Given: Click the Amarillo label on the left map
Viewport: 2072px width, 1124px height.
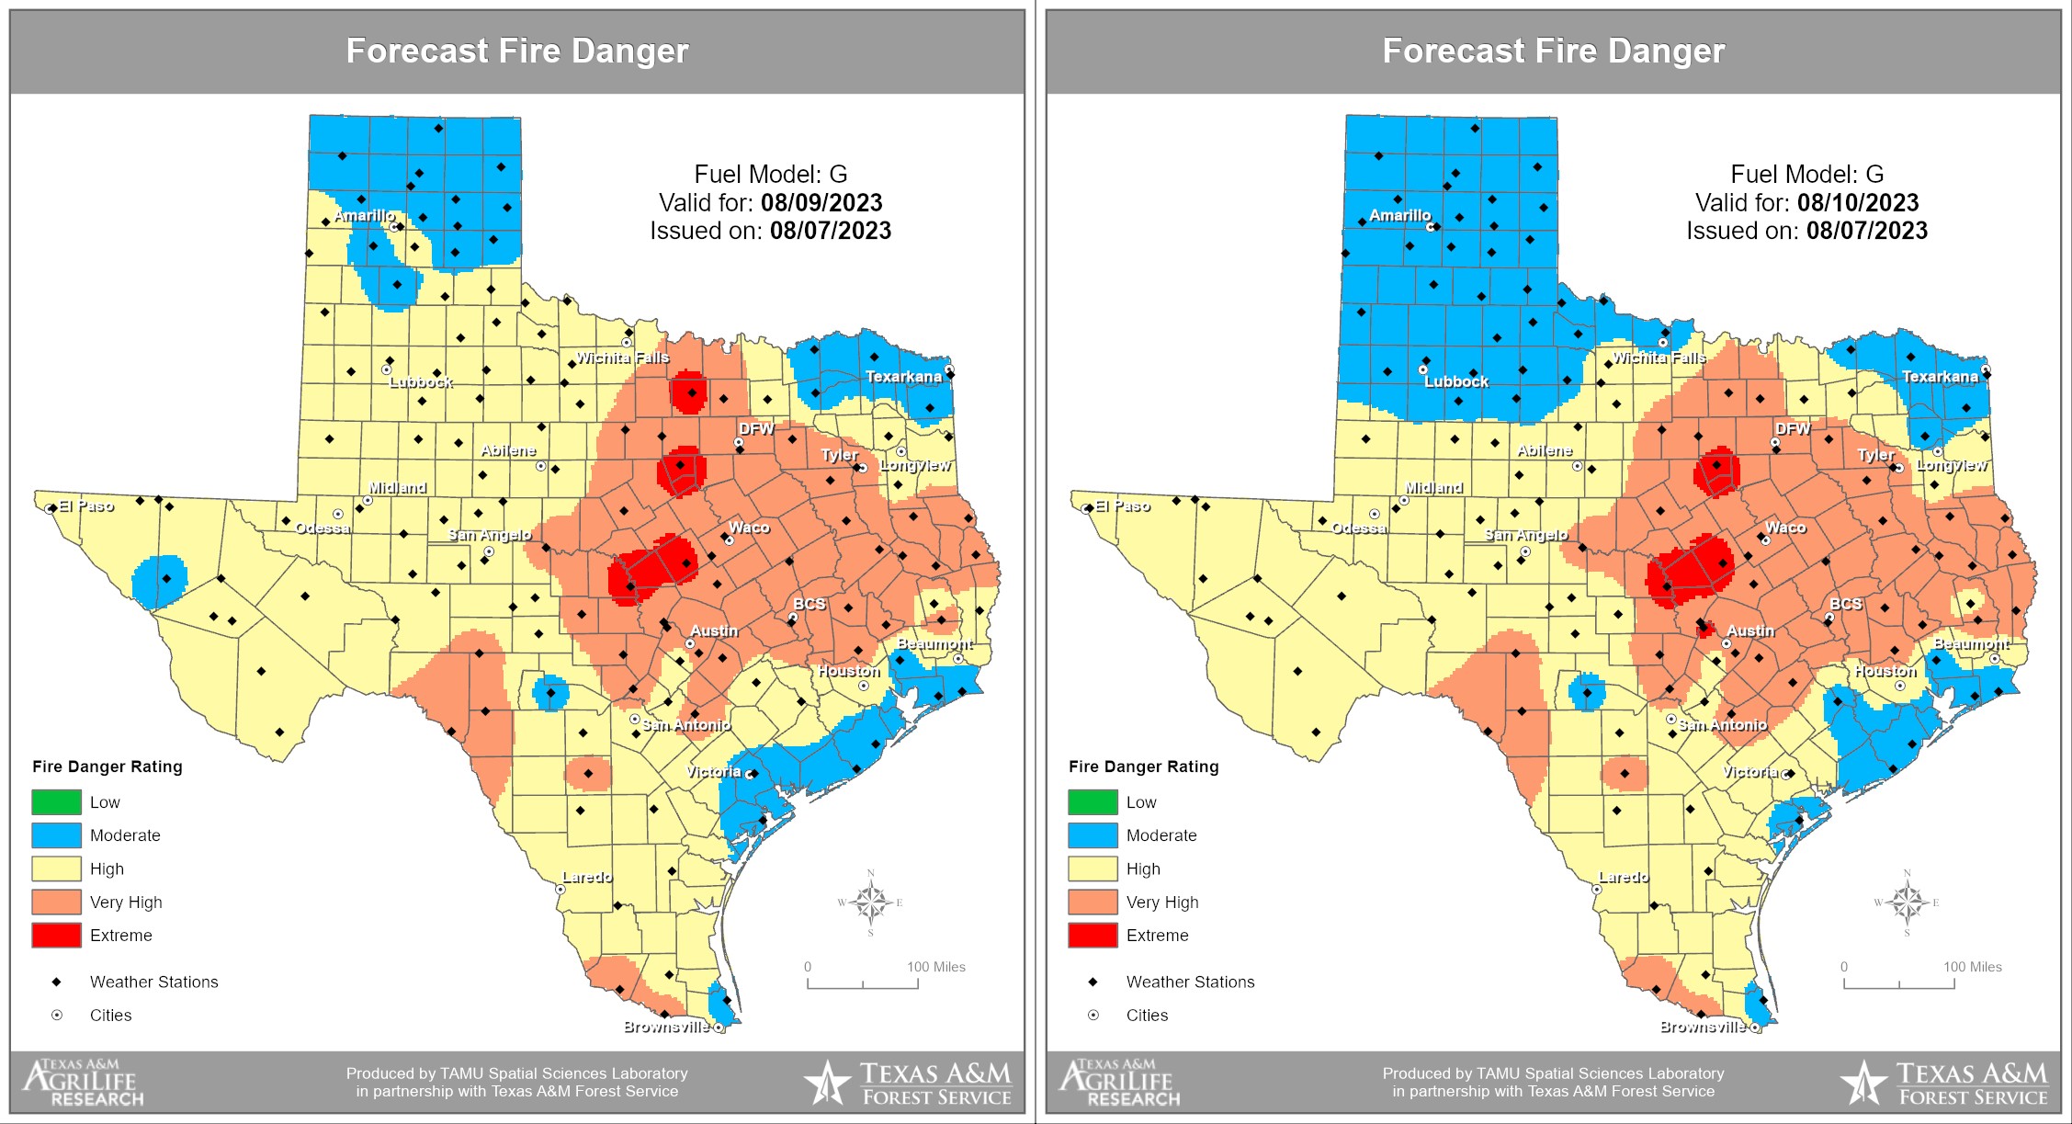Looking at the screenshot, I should point(364,216).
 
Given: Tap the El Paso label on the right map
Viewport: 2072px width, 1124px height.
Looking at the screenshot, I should point(1122,506).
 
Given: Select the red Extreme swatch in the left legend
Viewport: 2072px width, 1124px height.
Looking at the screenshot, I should point(56,935).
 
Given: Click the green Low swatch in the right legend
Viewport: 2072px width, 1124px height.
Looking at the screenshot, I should point(1093,801).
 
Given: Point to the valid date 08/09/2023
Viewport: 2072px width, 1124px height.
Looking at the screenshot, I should point(821,203).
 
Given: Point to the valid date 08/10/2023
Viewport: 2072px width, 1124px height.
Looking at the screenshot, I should point(1857,203).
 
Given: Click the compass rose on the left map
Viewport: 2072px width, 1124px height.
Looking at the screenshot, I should point(870,902).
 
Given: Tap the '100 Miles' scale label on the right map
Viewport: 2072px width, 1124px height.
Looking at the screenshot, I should point(1972,967).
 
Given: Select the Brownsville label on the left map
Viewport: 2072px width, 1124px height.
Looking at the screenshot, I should point(666,1027).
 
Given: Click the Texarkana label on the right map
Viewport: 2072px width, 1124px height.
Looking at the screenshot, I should point(1940,377).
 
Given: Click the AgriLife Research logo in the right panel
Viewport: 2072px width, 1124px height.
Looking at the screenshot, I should point(1120,1083).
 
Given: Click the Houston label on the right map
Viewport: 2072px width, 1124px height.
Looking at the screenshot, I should point(1885,672).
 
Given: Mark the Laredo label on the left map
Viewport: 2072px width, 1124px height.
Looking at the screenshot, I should point(586,877).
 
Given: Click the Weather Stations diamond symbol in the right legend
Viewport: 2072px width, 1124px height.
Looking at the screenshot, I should point(1093,982).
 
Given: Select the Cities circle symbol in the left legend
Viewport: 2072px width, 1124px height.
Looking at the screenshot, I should point(56,1015).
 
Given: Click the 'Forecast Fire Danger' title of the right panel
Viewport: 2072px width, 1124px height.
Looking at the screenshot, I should point(1553,51).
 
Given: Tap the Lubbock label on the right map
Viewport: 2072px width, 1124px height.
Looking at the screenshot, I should point(1456,381).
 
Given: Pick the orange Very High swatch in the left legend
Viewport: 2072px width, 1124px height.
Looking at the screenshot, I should point(56,902).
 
